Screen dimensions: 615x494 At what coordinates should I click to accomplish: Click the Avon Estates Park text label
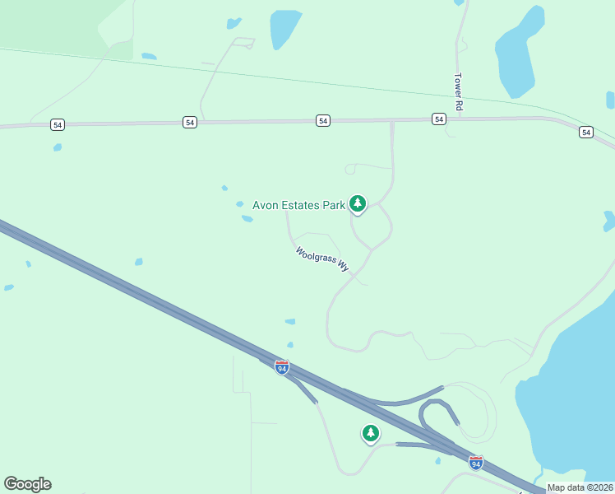298,206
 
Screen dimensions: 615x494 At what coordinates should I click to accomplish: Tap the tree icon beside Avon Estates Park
357,203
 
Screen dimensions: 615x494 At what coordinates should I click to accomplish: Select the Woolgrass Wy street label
322,260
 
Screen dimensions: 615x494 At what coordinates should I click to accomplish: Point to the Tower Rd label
459,93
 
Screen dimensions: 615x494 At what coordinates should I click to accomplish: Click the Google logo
27,484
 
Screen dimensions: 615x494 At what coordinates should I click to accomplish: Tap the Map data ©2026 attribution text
580,487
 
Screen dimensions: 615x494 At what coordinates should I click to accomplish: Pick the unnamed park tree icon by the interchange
371,432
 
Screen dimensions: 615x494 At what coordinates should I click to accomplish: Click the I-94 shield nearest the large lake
475,462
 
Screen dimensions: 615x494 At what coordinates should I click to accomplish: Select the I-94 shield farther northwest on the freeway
282,367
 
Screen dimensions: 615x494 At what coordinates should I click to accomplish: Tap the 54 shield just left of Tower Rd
439,119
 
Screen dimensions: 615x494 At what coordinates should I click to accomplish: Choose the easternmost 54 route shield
585,132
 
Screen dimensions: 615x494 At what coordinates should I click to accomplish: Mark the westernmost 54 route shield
57,124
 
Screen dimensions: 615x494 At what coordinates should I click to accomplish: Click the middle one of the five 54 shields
323,121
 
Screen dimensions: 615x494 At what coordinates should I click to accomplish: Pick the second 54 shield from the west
190,122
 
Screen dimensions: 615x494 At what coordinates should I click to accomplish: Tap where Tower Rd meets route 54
458,119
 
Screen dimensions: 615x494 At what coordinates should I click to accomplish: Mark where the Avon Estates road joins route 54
392,122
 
